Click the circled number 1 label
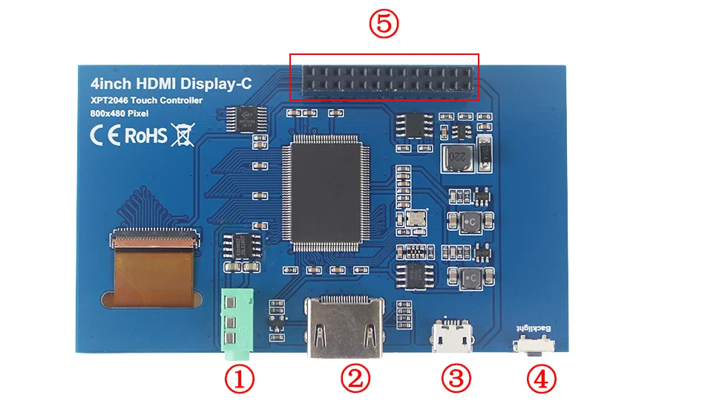pyautogui.click(x=239, y=379)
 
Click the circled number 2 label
pyautogui.click(x=355, y=379)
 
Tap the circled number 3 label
pyautogui.click(x=456, y=379)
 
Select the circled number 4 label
pyautogui.click(x=541, y=379)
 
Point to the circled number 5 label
pyautogui.click(x=384, y=25)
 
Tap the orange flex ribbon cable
pyautogui.click(x=149, y=275)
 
